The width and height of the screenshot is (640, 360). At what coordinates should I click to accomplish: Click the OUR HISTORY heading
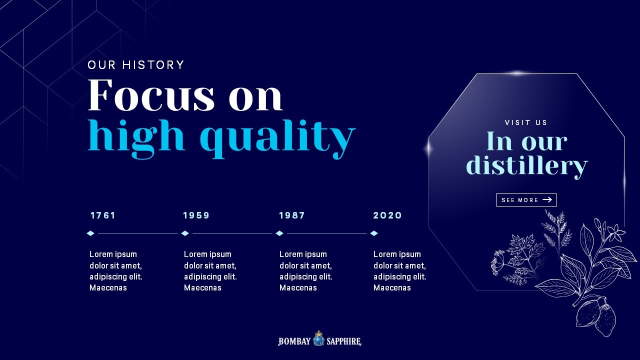(x=135, y=65)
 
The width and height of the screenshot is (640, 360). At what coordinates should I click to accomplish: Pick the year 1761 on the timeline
(x=103, y=215)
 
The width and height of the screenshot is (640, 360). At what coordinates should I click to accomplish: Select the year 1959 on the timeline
(x=196, y=215)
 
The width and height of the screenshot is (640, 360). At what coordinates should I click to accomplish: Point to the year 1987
(x=292, y=215)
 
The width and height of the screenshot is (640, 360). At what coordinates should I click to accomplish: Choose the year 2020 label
(x=387, y=215)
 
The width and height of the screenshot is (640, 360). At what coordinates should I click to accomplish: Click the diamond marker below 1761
(x=90, y=233)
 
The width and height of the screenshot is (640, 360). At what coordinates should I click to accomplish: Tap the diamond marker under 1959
(x=185, y=233)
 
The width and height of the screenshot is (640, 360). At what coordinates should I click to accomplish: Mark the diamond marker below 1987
(x=279, y=233)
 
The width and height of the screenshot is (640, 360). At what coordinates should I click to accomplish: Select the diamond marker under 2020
(x=374, y=233)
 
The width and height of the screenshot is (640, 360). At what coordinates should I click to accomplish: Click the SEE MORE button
(x=526, y=200)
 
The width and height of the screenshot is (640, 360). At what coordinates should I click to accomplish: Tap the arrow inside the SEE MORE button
(x=547, y=199)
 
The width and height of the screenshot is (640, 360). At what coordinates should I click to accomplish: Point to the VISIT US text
(x=526, y=122)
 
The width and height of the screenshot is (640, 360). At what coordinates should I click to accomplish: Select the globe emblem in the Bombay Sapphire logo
(x=318, y=339)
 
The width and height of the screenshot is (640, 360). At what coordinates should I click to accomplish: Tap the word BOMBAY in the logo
(x=294, y=341)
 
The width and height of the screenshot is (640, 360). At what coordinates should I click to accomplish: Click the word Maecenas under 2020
(x=392, y=287)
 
